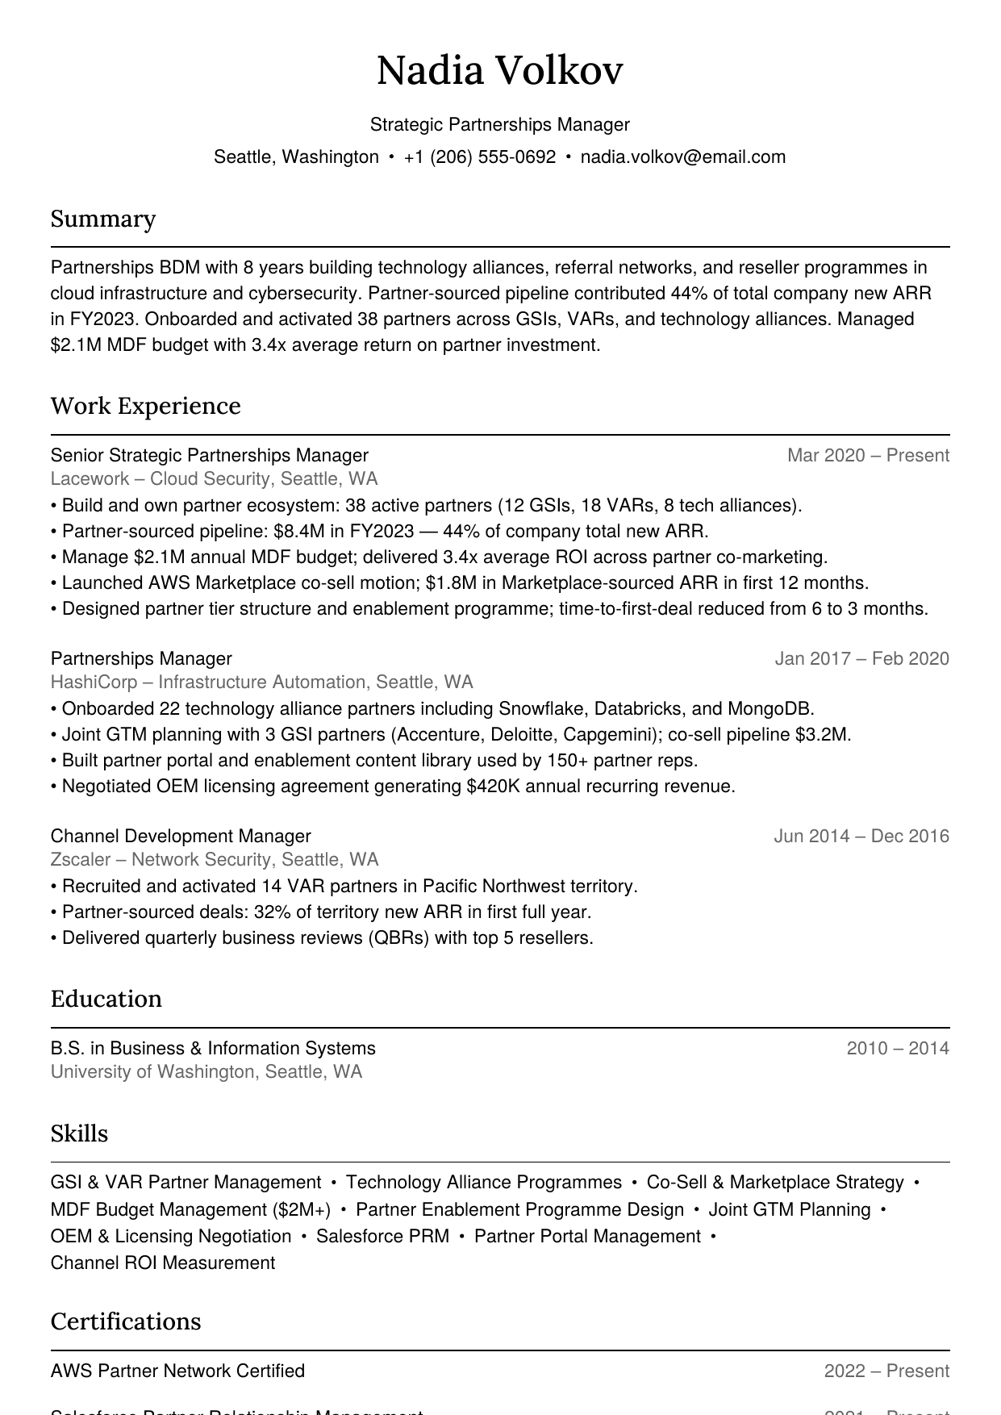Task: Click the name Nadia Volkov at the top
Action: click(499, 70)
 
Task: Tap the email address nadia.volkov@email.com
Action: click(682, 157)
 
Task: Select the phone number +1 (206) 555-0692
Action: click(479, 157)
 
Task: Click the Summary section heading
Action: click(103, 219)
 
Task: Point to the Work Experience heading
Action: click(145, 406)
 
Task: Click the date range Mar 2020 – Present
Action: click(868, 456)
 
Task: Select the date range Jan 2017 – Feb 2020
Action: click(861, 659)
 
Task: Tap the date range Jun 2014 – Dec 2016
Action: click(861, 837)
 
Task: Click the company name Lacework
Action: click(90, 479)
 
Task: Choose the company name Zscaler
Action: click(81, 860)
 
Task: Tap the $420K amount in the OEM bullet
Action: click(493, 787)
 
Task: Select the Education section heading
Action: click(106, 999)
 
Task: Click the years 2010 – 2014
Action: click(898, 1049)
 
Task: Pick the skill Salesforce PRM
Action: click(382, 1237)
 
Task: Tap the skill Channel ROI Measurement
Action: click(162, 1263)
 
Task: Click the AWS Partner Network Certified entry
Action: click(177, 1371)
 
